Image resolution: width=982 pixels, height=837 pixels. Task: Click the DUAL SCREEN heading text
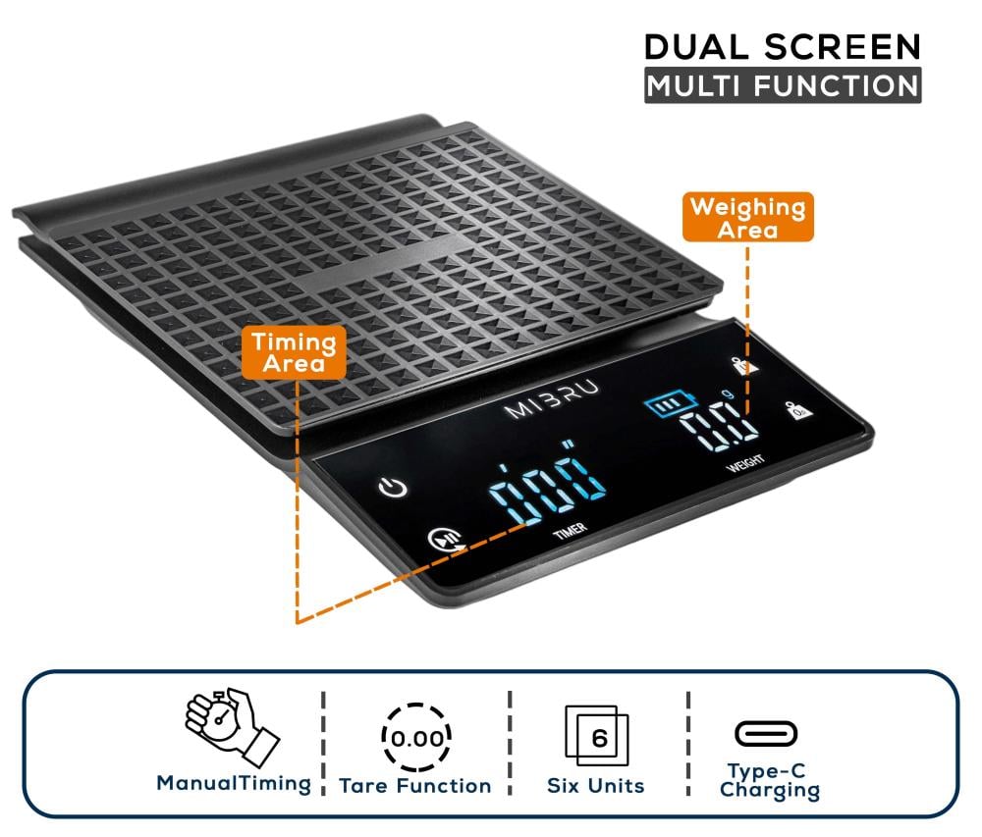coord(783,47)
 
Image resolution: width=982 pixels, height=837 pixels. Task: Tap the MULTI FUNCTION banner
coord(783,85)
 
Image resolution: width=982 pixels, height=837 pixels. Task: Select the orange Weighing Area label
coord(747,217)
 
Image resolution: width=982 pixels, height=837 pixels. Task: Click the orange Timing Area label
coord(294,352)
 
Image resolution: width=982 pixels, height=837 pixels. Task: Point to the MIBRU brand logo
coord(552,399)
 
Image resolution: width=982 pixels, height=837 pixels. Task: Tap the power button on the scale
coord(394,488)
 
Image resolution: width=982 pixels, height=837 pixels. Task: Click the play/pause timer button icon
coord(446,540)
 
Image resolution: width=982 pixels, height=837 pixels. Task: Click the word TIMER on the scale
coord(570,531)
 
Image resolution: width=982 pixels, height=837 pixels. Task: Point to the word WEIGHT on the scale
coord(744,463)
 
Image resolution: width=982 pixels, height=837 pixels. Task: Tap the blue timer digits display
coord(546,483)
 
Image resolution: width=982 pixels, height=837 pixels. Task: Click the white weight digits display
coord(720,427)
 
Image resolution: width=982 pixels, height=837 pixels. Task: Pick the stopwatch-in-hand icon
coord(232,727)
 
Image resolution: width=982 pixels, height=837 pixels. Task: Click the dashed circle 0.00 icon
coord(416,738)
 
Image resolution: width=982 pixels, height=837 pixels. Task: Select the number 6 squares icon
coord(596,735)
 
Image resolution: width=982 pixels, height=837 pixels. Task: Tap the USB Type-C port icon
coord(766,734)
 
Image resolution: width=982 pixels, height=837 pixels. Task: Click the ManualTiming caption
coord(234,783)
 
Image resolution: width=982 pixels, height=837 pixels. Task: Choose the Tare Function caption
coord(415,786)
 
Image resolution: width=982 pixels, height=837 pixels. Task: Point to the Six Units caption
coord(596,786)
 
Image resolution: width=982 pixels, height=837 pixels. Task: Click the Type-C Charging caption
coord(770,781)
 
